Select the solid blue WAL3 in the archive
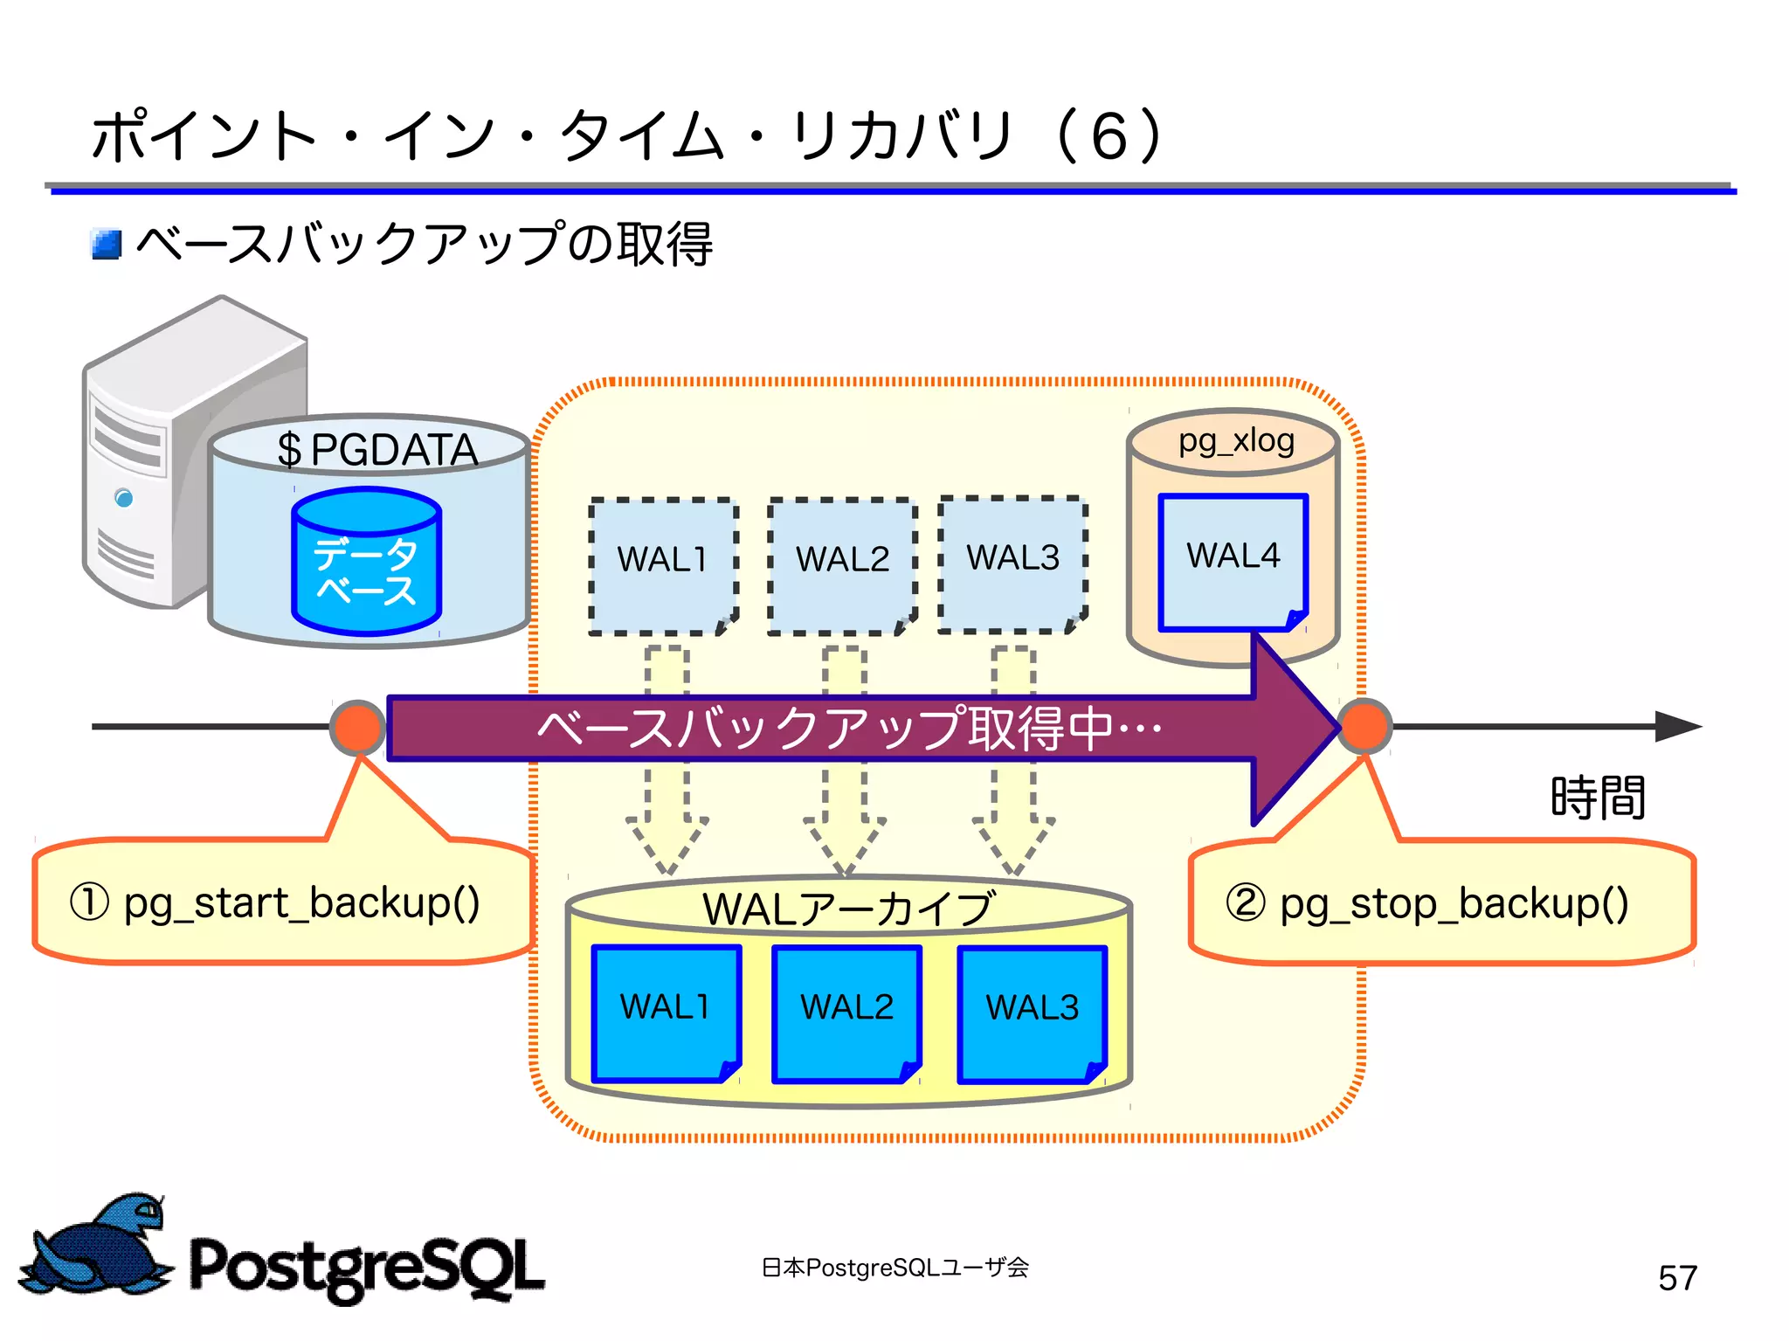1032,1014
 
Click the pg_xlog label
1235,441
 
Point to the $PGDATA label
376,450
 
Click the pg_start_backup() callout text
275,903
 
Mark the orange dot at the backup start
357,727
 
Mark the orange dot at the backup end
1364,726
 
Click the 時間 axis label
1598,798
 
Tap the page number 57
1677,1278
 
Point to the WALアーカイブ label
847,909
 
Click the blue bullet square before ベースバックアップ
107,245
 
